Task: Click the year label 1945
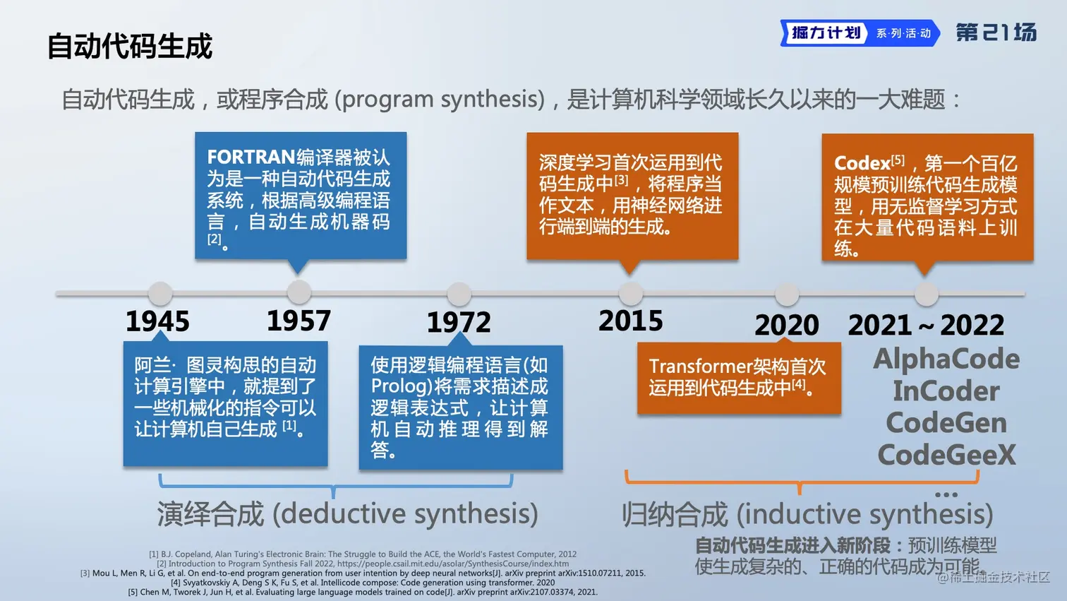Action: [x=157, y=321]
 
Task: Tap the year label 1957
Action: [x=299, y=321]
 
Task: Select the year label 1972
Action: [x=459, y=323]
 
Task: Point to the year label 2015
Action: [x=631, y=321]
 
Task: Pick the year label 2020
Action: [x=787, y=325]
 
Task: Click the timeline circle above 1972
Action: [x=459, y=294]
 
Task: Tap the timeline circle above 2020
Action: [x=787, y=294]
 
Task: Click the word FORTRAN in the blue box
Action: [x=251, y=157]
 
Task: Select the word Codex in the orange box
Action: [x=862, y=163]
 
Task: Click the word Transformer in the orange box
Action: [x=702, y=367]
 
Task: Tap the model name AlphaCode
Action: [x=946, y=359]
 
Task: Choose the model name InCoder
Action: [x=946, y=391]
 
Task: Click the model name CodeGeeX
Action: [x=946, y=455]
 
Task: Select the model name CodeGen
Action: [x=946, y=423]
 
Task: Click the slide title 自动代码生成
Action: [x=130, y=46]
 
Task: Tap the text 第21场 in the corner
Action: [x=996, y=32]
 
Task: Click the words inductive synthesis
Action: [x=864, y=514]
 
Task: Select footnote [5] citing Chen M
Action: [x=363, y=592]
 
